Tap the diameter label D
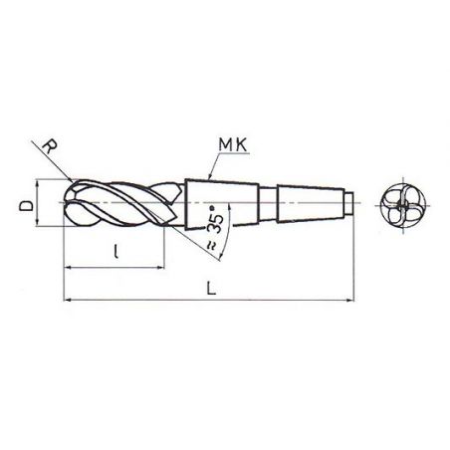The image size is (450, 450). pyautogui.click(x=23, y=206)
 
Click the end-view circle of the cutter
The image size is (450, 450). pyautogui.click(x=401, y=206)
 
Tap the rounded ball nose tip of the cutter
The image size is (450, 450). pyautogui.click(x=66, y=206)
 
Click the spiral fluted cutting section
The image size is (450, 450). pyautogui.click(x=124, y=206)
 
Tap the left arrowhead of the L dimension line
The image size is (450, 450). pyautogui.click(x=67, y=298)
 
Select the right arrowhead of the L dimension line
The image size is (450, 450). pyautogui.click(x=350, y=298)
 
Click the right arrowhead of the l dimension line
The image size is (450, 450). pyautogui.click(x=161, y=268)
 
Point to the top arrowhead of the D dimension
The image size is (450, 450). pyautogui.click(x=39, y=185)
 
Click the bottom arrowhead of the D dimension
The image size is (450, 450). pyautogui.click(x=39, y=227)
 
